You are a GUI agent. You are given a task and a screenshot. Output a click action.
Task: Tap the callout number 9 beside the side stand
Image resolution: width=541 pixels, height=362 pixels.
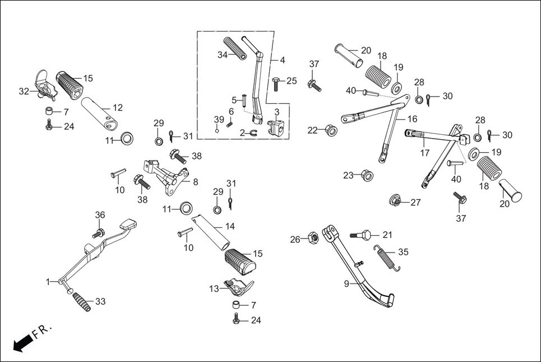click(346, 284)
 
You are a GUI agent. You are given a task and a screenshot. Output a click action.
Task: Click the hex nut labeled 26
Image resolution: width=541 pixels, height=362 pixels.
click(314, 239)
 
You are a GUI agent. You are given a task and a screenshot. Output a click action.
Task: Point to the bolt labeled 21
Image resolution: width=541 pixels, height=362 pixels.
click(362, 235)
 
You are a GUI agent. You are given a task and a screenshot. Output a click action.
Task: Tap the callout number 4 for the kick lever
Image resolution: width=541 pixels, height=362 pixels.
click(282, 59)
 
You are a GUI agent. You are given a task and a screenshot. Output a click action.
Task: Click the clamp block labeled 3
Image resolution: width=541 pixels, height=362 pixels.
click(278, 129)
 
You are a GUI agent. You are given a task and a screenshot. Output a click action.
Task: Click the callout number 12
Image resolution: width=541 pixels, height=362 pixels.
click(117, 107)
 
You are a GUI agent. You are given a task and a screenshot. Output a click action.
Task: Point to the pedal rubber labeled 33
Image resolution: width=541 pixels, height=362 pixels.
click(80, 304)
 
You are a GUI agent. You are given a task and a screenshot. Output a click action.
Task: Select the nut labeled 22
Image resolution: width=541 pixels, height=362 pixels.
click(331, 131)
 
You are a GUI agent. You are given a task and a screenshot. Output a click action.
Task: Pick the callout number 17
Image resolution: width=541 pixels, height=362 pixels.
click(424, 152)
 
